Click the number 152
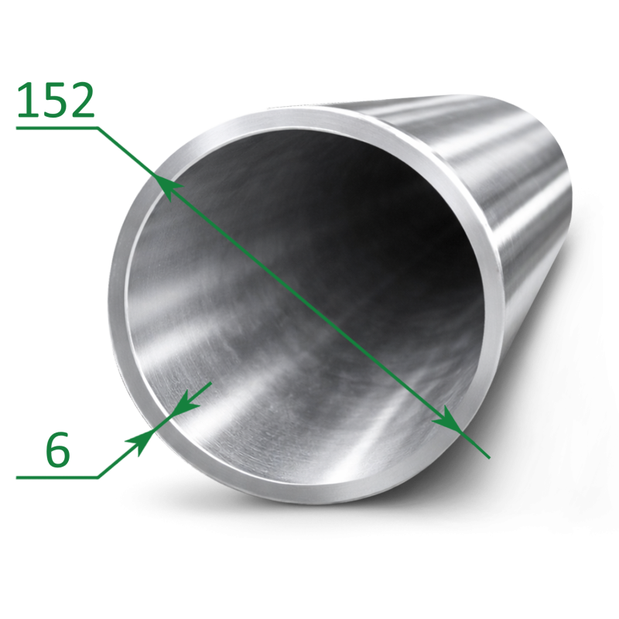pos(56,100)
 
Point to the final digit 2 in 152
pos(82,100)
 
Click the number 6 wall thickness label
pos(57,450)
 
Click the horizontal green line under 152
pos(56,128)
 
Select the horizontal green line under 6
pos(56,477)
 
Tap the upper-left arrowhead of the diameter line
pos(168,186)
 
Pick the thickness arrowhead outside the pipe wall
pos(142,441)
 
